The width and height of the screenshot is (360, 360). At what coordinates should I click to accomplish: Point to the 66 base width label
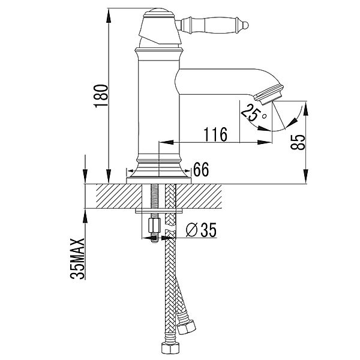click(x=201, y=170)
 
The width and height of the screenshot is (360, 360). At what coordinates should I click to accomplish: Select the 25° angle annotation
click(x=250, y=112)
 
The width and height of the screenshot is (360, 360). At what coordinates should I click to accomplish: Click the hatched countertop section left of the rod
click(x=114, y=196)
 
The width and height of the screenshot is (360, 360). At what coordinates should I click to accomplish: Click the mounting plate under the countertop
click(x=159, y=211)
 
